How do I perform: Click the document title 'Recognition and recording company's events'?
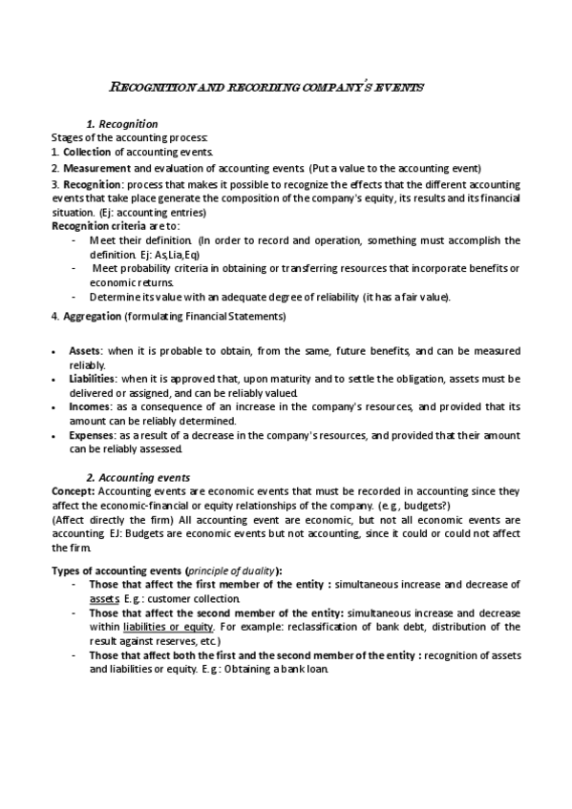(x=267, y=87)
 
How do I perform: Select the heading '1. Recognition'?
(x=122, y=125)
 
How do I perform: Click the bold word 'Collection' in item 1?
(x=87, y=152)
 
